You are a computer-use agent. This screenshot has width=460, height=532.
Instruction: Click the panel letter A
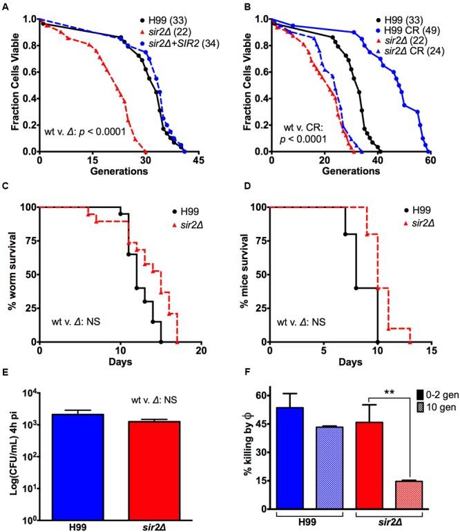(7, 6)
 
